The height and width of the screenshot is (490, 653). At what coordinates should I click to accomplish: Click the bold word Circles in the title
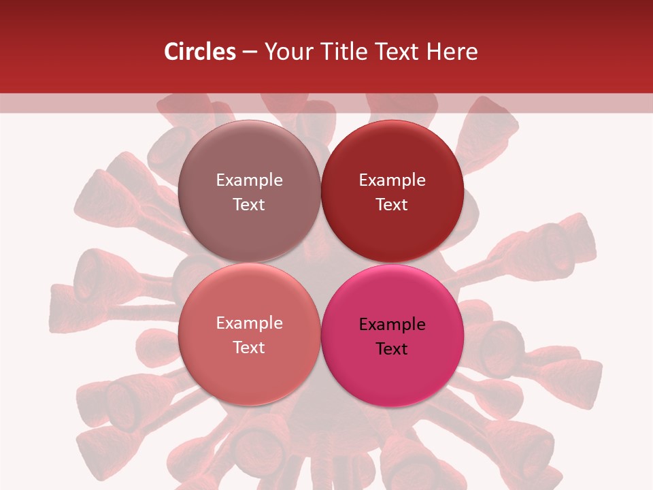(200, 52)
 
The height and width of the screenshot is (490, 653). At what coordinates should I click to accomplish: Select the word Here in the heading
(452, 52)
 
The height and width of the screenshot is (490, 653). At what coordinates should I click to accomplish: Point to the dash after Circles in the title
(250, 52)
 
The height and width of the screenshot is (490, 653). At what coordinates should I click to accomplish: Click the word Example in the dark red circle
(392, 180)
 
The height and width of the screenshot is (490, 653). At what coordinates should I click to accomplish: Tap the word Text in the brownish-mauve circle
(249, 205)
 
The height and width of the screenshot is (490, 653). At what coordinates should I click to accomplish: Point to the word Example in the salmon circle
(249, 323)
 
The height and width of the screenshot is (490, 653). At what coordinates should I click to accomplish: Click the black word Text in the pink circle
(392, 349)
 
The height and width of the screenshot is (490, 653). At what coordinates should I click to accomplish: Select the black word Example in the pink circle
(392, 325)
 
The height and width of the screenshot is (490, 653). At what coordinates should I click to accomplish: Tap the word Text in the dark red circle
(392, 205)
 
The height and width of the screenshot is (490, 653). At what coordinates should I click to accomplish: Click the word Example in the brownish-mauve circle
(249, 180)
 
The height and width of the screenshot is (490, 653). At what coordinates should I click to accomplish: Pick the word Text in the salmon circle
(249, 348)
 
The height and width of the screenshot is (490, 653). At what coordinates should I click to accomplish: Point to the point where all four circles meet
(320, 263)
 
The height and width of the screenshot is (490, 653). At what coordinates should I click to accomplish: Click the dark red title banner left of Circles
(82, 52)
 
